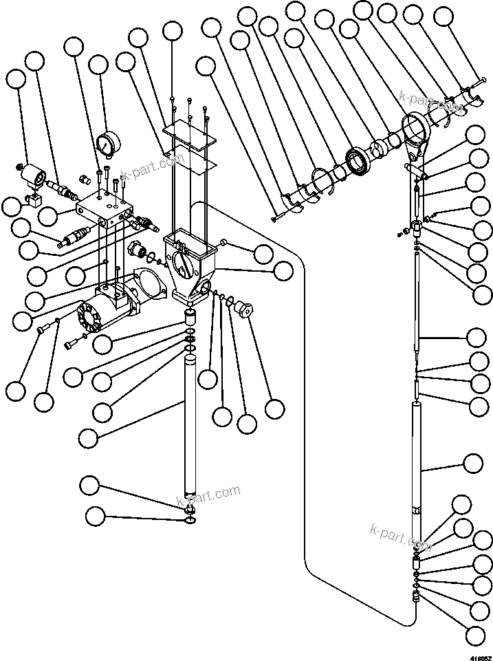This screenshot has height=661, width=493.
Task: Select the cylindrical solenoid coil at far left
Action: pyautogui.click(x=31, y=177)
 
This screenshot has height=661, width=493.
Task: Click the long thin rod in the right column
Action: pyautogui.click(x=419, y=303)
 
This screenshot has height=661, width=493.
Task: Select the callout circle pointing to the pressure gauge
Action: pyautogui.click(x=98, y=66)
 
